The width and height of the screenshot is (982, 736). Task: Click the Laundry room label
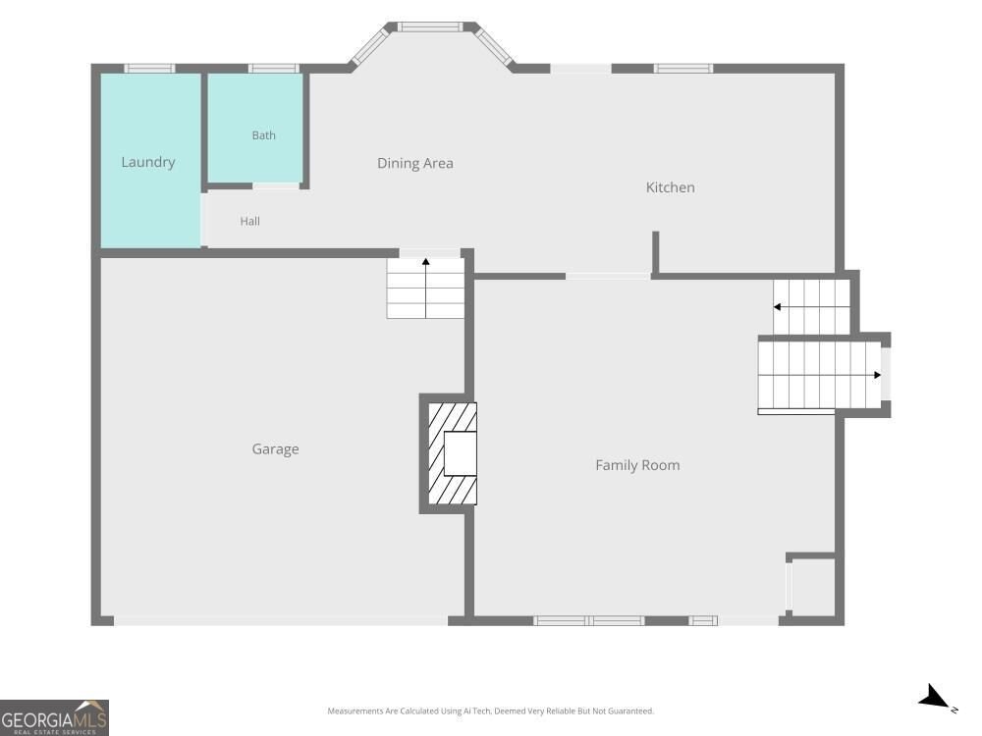click(x=148, y=162)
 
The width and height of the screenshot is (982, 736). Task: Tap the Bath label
click(x=263, y=135)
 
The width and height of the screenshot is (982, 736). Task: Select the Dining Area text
click(x=415, y=163)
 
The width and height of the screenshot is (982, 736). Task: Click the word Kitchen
click(x=670, y=187)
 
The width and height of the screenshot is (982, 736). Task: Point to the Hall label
click(x=249, y=221)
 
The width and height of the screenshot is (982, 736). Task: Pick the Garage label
click(x=276, y=449)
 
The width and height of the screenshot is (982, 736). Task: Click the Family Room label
click(x=637, y=465)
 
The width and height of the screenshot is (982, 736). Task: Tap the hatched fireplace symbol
click(x=452, y=453)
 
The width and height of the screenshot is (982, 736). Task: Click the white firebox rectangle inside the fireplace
click(x=461, y=453)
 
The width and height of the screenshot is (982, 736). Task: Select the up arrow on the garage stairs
click(x=426, y=288)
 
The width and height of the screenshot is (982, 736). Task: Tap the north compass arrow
click(x=935, y=697)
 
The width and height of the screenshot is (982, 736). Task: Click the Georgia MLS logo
click(x=54, y=717)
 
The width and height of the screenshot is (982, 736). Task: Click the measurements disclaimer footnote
click(x=490, y=710)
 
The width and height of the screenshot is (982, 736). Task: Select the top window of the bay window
click(x=430, y=26)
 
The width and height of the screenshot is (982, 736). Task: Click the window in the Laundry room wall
click(x=149, y=69)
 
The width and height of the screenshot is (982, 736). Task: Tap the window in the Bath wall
click(x=274, y=69)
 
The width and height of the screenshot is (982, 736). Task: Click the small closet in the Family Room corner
click(x=812, y=587)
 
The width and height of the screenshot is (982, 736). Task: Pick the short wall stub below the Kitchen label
click(x=655, y=253)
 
